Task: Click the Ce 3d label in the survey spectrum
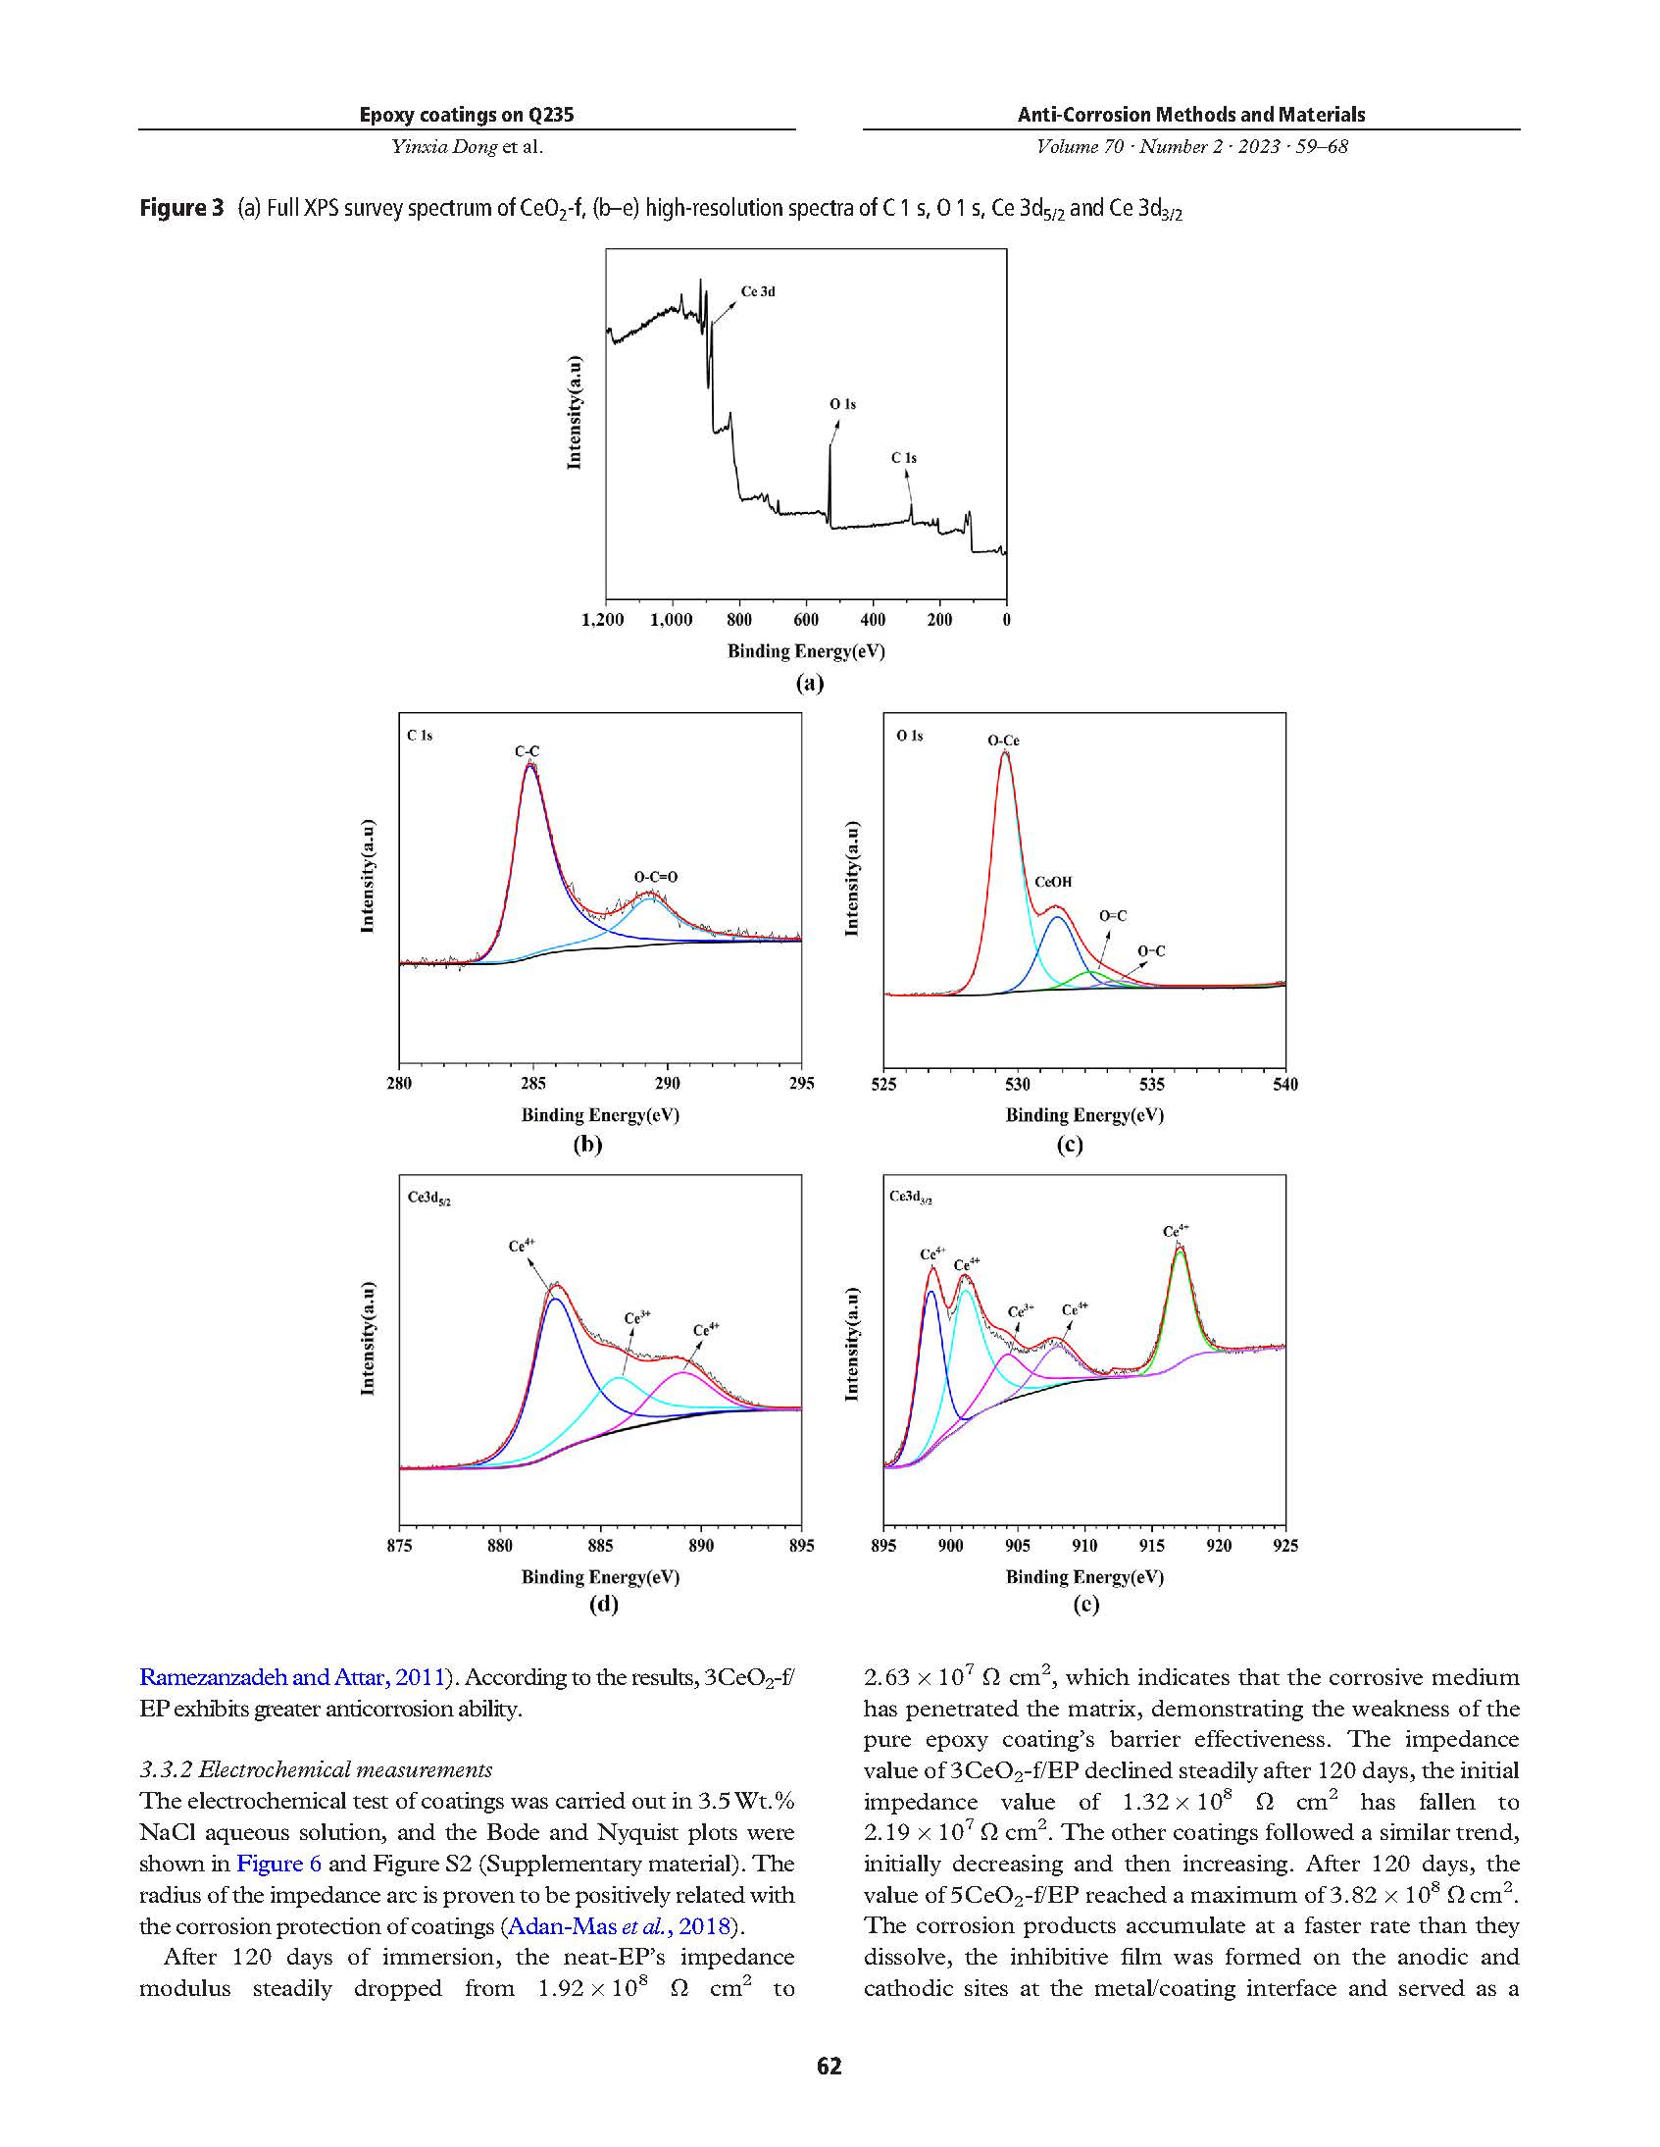(758, 292)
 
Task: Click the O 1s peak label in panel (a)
(842, 404)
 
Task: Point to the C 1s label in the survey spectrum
(903, 458)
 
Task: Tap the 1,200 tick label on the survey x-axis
(602, 620)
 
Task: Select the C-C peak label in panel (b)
(527, 751)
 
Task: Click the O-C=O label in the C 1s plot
(656, 877)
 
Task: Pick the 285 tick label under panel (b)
(532, 1084)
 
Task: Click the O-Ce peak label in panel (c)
(1003, 741)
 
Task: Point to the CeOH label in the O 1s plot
(1053, 882)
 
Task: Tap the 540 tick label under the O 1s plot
(1284, 1085)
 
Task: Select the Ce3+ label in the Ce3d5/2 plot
(637, 1317)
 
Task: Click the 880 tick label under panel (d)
(499, 1546)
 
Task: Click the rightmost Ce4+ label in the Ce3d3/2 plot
(1176, 1231)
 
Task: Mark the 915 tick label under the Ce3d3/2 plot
(1151, 1546)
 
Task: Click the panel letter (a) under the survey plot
(809, 684)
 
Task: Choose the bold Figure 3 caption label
(181, 208)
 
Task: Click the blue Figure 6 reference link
(279, 1863)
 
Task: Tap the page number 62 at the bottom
(829, 2066)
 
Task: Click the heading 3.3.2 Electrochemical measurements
(316, 1769)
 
